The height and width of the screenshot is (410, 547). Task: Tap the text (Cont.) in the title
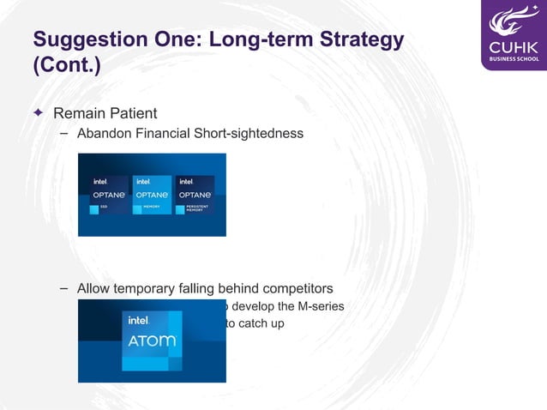click(66, 66)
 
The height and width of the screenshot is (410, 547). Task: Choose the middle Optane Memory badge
click(152, 196)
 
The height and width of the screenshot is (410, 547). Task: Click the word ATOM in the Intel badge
click(152, 341)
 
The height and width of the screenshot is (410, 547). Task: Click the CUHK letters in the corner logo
click(513, 45)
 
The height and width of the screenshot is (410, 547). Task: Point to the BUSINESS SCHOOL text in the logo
click(513, 59)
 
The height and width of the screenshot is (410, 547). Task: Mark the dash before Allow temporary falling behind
click(64, 288)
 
